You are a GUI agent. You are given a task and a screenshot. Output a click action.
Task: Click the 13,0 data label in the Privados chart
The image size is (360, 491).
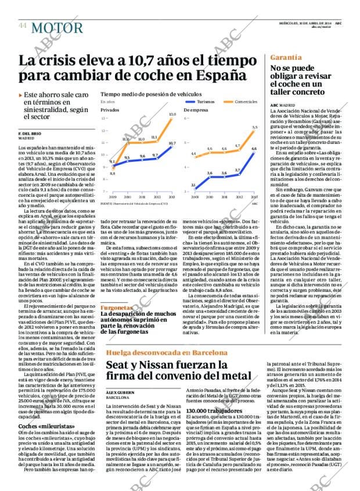tap(172, 114)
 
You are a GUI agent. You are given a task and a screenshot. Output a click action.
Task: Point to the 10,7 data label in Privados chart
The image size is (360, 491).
tap(172, 143)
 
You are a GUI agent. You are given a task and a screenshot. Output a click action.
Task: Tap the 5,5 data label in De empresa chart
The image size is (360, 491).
tap(254, 127)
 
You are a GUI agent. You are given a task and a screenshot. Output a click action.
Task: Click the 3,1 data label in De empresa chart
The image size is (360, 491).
tap(193, 185)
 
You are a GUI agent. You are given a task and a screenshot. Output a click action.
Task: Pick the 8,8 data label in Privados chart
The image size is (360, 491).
tap(112, 174)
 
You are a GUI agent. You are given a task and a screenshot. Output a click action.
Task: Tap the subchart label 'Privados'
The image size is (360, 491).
tap(110, 109)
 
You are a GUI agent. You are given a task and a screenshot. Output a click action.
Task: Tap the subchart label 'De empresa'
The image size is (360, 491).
tap(195, 109)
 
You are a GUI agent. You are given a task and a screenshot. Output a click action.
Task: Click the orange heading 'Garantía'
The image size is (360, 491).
tap(286, 57)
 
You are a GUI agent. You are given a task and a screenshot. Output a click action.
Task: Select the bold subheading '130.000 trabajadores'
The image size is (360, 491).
tap(211, 411)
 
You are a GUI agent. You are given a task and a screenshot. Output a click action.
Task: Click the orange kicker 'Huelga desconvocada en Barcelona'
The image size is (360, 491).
tap(164, 352)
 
